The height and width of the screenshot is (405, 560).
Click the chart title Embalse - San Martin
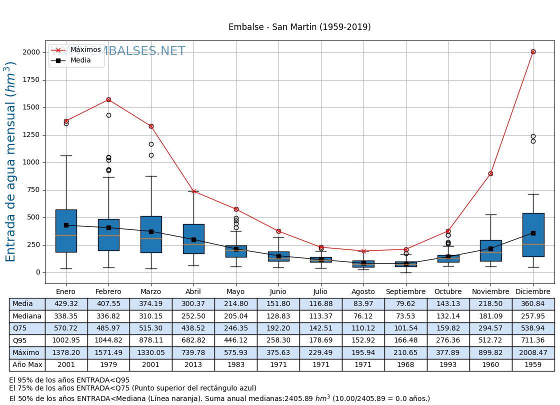click(299, 27)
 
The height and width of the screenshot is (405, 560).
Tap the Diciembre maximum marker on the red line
click(533, 51)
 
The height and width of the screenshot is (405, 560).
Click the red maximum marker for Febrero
click(108, 99)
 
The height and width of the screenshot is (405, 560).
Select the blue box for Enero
click(66, 230)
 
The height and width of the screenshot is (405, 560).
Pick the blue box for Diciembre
click(533, 234)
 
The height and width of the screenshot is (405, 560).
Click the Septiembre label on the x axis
click(405, 292)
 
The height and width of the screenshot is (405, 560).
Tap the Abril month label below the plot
click(193, 292)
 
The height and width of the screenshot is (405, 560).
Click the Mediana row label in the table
click(27, 316)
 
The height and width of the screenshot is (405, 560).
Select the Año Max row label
click(27, 365)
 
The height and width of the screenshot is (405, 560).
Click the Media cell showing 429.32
click(66, 304)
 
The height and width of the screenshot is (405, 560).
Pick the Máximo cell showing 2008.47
click(533, 352)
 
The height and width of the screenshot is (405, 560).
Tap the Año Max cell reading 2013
click(193, 365)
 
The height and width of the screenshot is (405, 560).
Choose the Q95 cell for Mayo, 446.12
click(236, 340)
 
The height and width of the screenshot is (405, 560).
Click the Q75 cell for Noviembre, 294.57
click(490, 328)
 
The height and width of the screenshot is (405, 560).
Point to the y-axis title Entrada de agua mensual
click(11, 161)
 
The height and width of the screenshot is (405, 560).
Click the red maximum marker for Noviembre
click(490, 173)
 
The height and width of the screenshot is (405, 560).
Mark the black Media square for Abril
click(193, 239)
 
